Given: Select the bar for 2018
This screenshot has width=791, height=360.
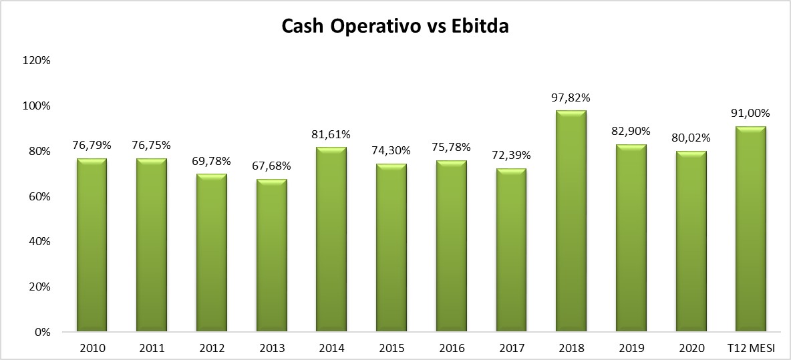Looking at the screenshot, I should pos(571,220).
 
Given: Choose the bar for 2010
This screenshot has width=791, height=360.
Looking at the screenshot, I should pos(92,244).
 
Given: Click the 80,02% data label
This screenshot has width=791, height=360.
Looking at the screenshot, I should pos(690,140).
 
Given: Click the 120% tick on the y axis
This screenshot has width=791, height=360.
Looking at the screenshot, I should pos(38,60).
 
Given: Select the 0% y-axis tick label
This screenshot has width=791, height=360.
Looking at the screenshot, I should pos(42,332).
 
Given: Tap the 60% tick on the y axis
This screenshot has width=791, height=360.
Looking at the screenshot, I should pos(40,196).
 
